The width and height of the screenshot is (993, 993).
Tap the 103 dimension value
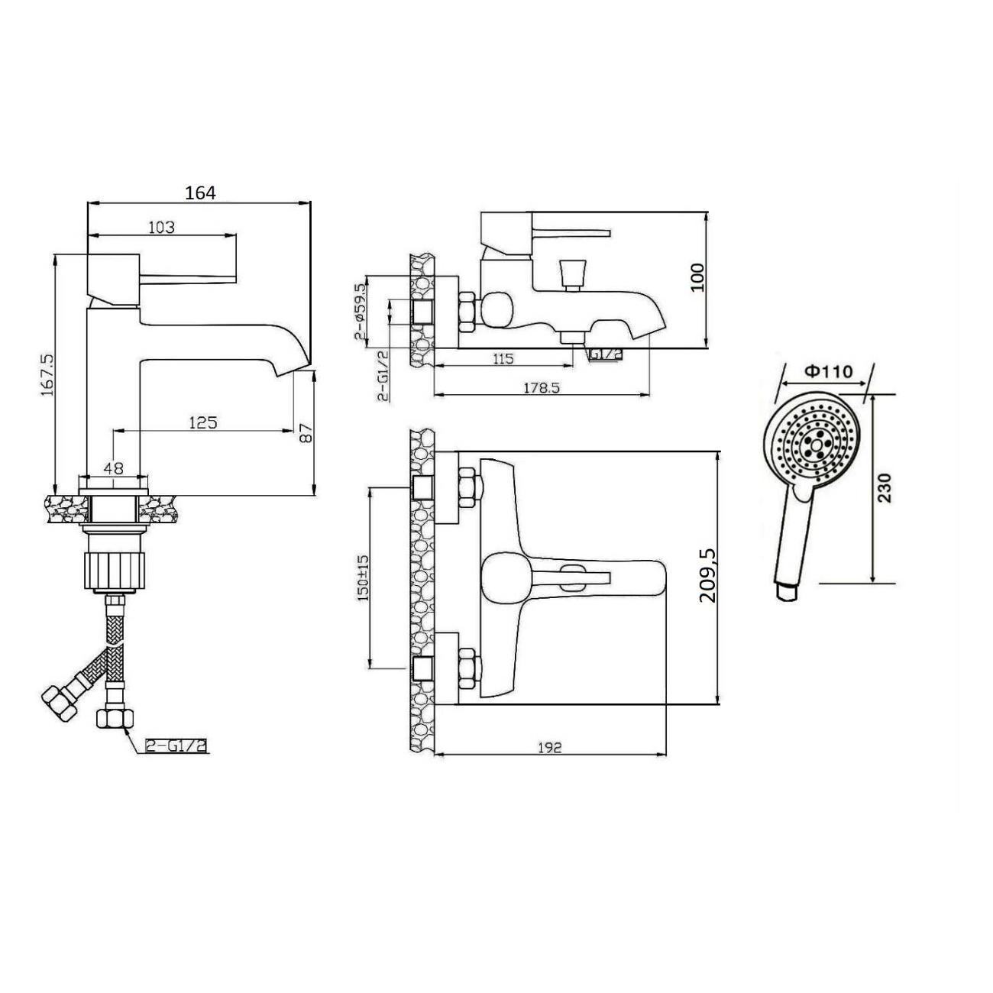162,227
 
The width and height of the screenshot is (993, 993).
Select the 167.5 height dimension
47,374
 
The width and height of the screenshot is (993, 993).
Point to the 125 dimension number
203,422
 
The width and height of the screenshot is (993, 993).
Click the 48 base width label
113,468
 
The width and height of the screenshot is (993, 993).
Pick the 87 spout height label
306,434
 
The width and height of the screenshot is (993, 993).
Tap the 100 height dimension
697,277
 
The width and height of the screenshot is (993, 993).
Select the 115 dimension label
503,358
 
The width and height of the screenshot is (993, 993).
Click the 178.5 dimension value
541,387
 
